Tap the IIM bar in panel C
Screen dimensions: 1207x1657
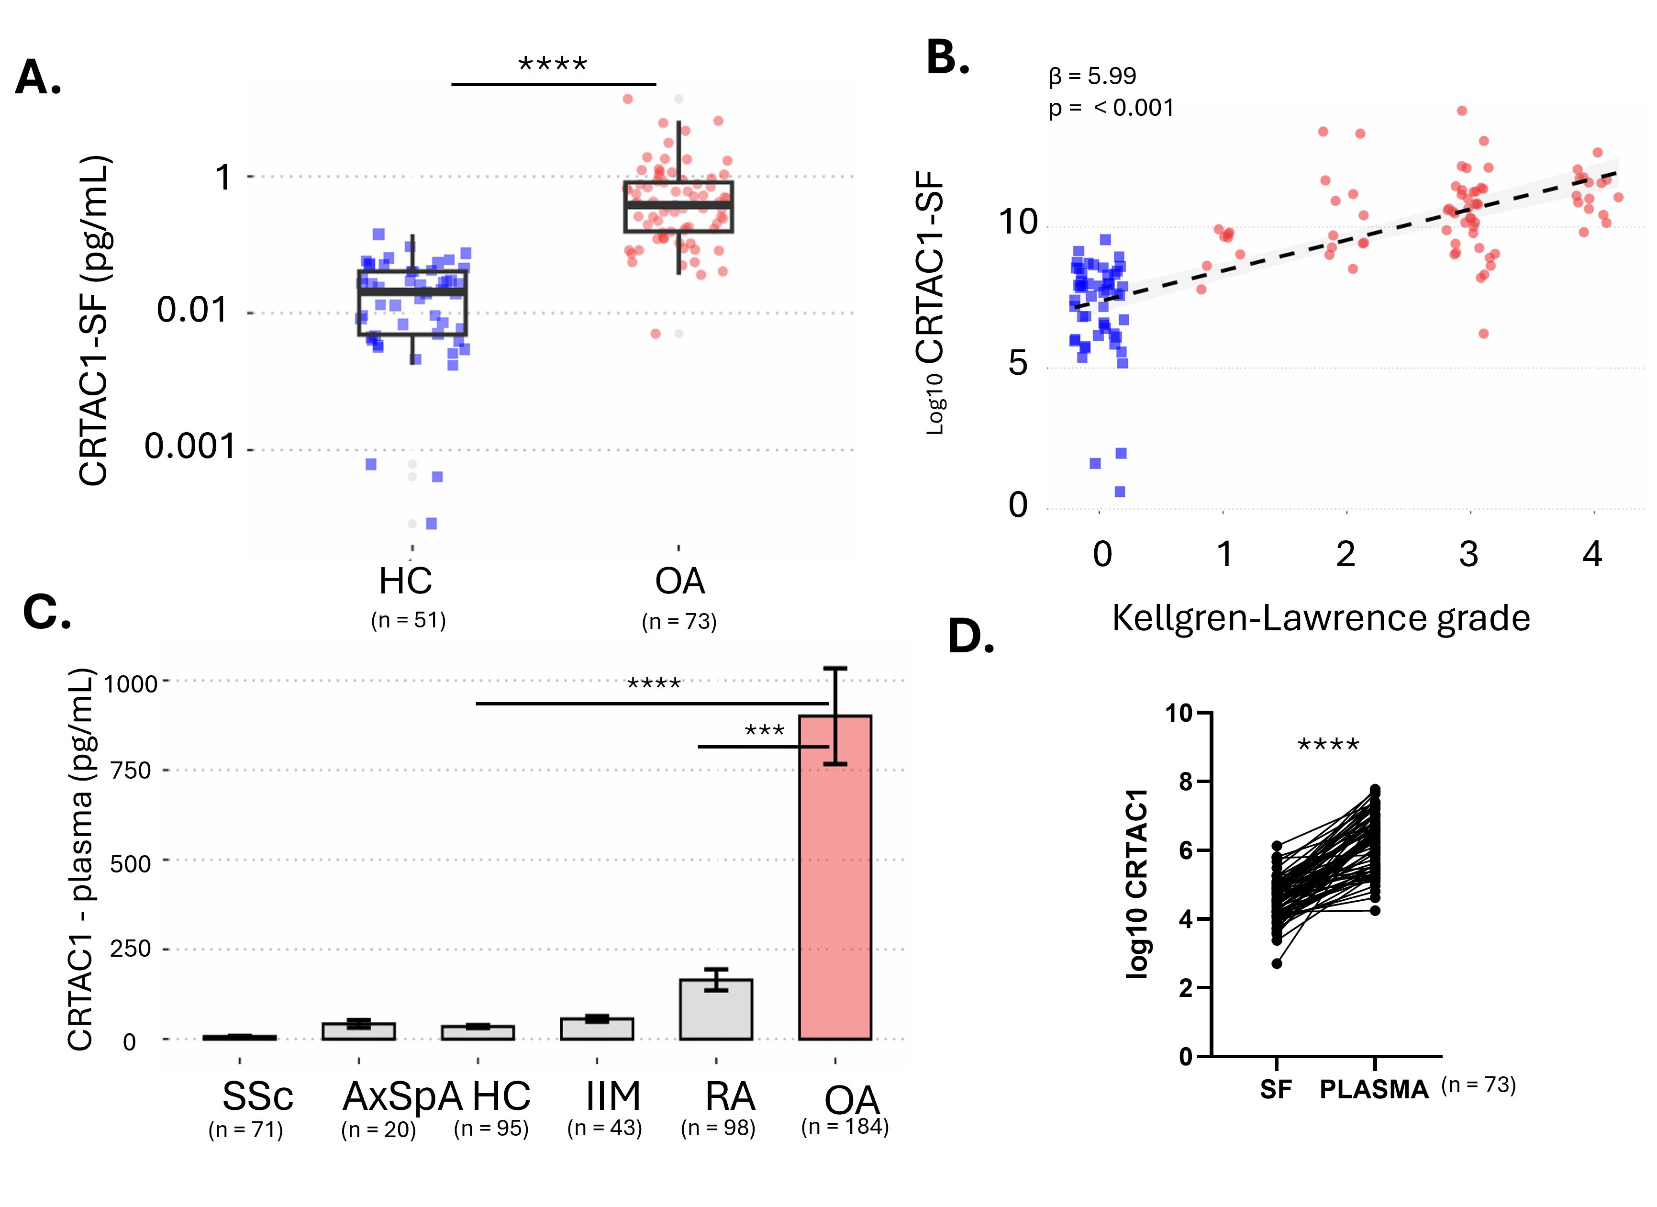tap(596, 1029)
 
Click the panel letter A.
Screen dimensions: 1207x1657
tap(38, 78)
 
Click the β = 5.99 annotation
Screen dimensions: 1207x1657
tap(1092, 76)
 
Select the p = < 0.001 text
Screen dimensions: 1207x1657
tap(1111, 108)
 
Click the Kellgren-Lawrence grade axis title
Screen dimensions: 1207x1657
tap(1320, 618)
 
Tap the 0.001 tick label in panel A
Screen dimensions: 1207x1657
tap(190, 447)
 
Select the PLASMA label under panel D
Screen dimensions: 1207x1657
tap(1374, 1089)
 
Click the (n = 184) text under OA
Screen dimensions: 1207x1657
tap(845, 1126)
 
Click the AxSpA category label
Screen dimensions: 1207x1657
tap(402, 1096)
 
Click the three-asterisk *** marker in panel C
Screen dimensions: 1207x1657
tap(764, 731)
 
